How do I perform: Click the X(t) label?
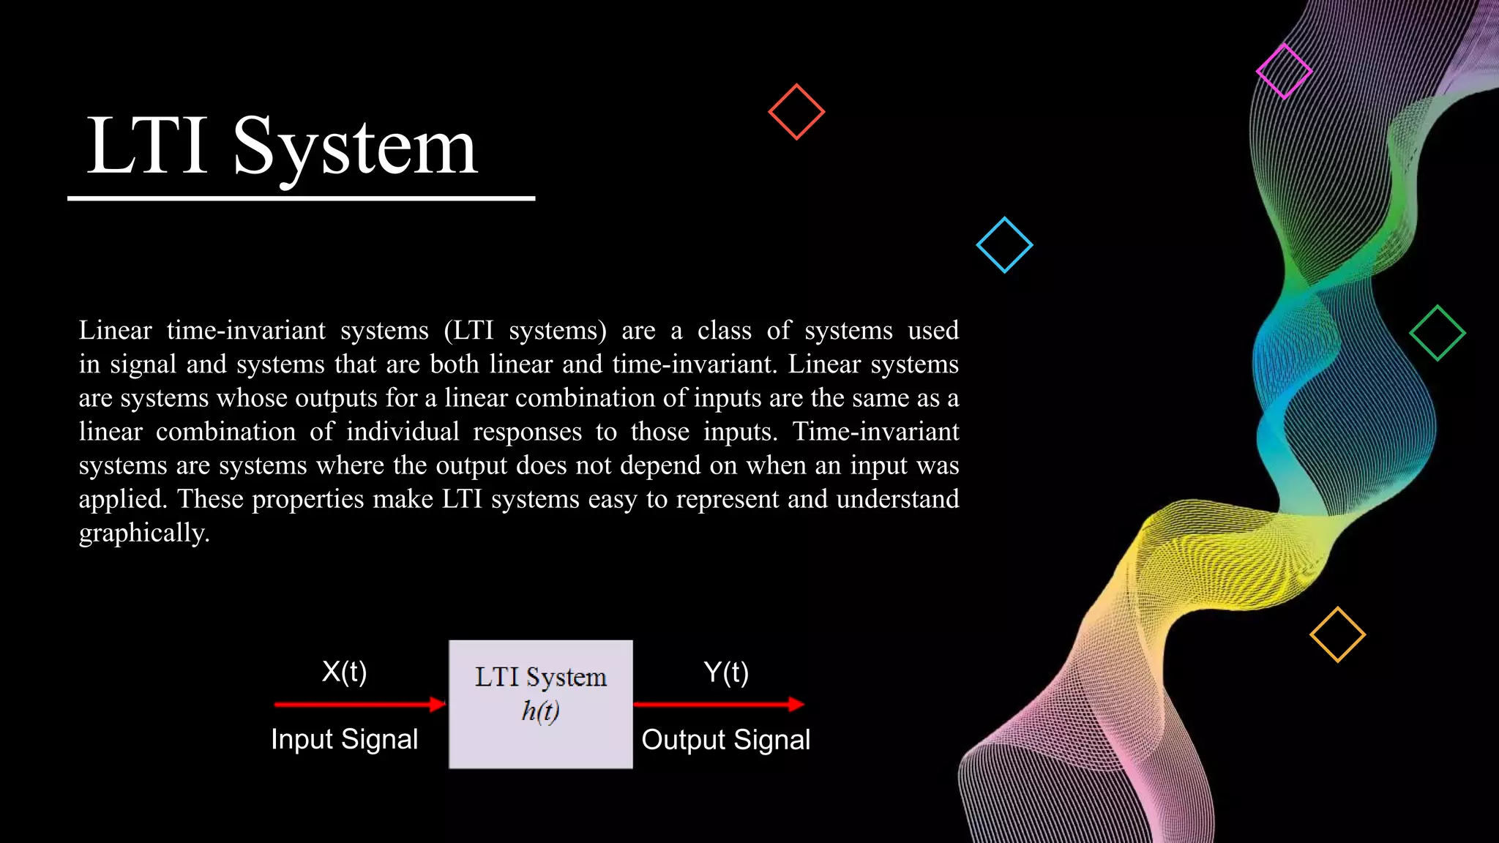(344, 671)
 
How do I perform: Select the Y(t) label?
(725, 672)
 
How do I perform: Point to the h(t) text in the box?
(540, 711)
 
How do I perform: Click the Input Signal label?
(344, 739)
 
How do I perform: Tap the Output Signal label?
(725, 739)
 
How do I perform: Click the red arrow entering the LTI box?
(359, 704)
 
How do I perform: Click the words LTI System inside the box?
(540, 677)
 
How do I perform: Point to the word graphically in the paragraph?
(143, 533)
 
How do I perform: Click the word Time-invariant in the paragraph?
(875, 431)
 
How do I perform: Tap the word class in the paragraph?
(724, 330)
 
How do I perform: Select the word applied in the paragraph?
(122, 499)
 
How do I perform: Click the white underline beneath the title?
(301, 198)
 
